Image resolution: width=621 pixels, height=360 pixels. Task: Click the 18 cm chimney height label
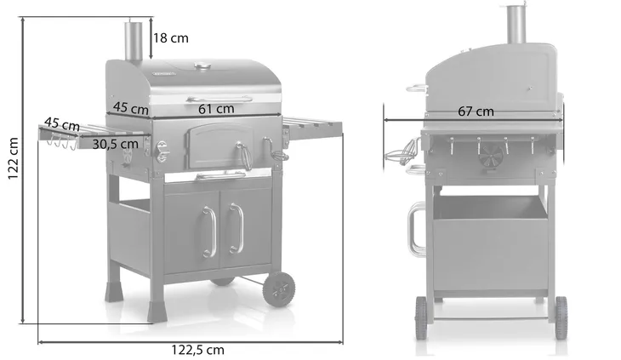[171, 37]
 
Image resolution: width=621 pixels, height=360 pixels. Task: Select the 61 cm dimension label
[216, 108]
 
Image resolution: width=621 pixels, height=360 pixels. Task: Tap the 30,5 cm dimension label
[116, 144]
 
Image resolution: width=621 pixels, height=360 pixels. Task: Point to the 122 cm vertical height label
[12, 162]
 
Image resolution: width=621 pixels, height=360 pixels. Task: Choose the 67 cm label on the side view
[476, 111]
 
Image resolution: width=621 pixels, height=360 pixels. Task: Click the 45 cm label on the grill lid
[131, 108]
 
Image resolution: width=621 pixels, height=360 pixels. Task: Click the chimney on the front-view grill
[134, 41]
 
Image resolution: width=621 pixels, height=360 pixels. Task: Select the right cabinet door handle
[234, 228]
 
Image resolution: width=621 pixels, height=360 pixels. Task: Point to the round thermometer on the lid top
[202, 66]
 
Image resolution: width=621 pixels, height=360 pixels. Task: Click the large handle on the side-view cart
[414, 229]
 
